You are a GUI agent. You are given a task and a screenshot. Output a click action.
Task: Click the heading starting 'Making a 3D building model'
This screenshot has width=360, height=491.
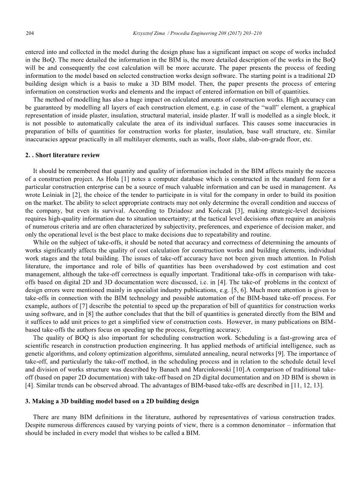point(111,401)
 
